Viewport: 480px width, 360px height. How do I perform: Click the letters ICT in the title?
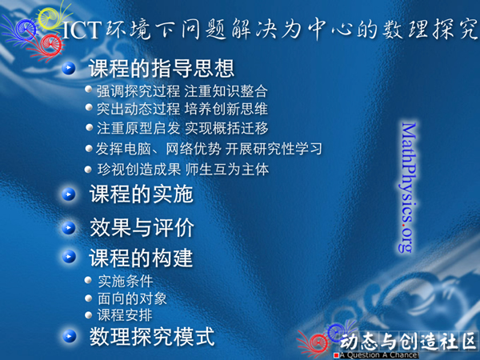[x=82, y=30]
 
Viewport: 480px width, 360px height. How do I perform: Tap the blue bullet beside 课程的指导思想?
[x=69, y=68]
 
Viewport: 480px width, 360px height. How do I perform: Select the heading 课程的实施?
[x=141, y=194]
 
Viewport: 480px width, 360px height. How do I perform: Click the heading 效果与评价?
[x=142, y=227]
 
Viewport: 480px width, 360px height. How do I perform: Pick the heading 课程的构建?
[x=141, y=258]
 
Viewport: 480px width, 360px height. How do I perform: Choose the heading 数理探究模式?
[x=152, y=337]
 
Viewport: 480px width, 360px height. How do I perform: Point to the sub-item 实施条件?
[x=126, y=281]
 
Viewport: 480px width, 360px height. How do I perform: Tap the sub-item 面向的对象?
[x=132, y=298]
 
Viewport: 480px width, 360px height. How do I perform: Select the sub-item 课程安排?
[x=125, y=315]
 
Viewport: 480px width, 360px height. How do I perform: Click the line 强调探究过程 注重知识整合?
[x=182, y=91]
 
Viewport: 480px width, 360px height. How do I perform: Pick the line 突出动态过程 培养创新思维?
[x=182, y=109]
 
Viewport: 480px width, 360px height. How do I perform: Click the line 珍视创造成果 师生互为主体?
[x=182, y=170]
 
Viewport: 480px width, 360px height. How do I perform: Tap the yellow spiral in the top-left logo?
[x=50, y=18]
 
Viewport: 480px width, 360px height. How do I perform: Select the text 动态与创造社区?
[x=408, y=341]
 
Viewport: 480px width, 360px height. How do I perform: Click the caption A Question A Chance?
[x=379, y=355]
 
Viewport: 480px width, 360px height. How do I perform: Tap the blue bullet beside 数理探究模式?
[x=70, y=336]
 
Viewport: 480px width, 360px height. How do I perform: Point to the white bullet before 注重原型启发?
[x=89, y=127]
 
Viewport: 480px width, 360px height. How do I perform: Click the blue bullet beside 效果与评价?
[x=69, y=228]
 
